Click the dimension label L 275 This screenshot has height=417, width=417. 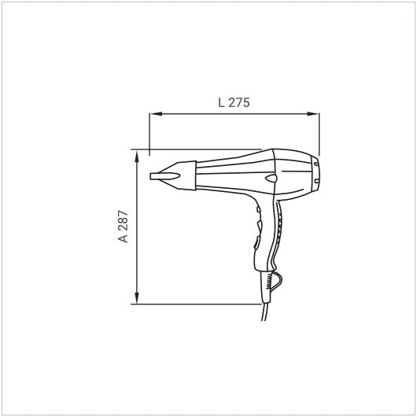[234, 102]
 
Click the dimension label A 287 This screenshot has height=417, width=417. [123, 227]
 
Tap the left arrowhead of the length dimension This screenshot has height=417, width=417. [156, 114]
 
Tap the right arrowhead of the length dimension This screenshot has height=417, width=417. [313, 114]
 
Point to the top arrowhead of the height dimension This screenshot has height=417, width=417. [137, 157]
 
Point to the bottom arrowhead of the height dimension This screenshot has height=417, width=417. [137, 297]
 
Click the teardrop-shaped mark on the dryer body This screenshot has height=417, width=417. [271, 178]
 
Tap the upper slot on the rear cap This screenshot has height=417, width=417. [316, 164]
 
